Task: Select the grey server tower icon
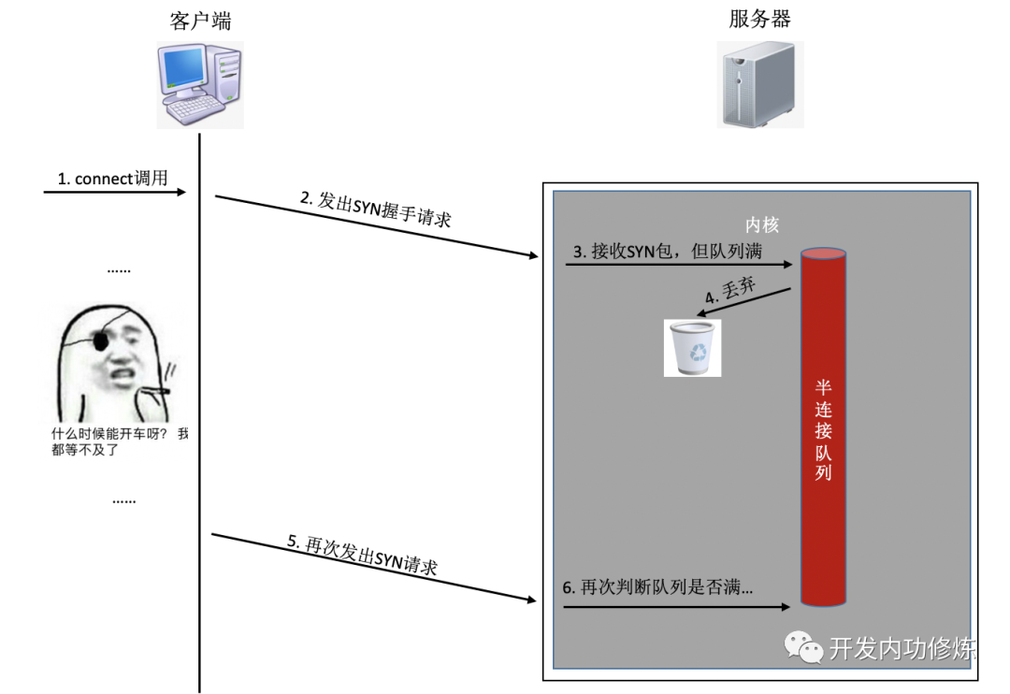(758, 86)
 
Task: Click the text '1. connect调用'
(112, 178)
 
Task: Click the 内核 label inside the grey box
(761, 225)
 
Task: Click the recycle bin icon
(692, 348)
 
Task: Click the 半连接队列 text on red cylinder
(823, 430)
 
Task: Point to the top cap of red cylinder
(823, 253)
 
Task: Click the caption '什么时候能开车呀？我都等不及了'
(119, 441)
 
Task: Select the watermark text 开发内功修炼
(902, 648)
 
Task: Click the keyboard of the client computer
(198, 110)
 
